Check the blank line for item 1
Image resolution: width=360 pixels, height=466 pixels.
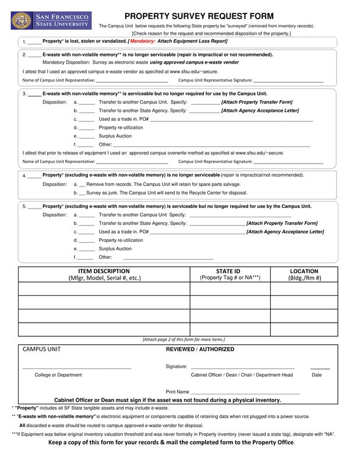click(34, 43)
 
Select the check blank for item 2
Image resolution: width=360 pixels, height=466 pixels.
click(34, 55)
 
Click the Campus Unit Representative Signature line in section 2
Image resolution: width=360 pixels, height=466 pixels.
click(288, 80)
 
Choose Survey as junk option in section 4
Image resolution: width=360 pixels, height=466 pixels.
click(82, 193)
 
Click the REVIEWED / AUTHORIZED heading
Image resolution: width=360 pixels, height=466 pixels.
click(200, 349)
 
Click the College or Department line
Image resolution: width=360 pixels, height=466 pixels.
click(76, 367)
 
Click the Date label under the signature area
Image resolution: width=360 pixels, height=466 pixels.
click(316, 375)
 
